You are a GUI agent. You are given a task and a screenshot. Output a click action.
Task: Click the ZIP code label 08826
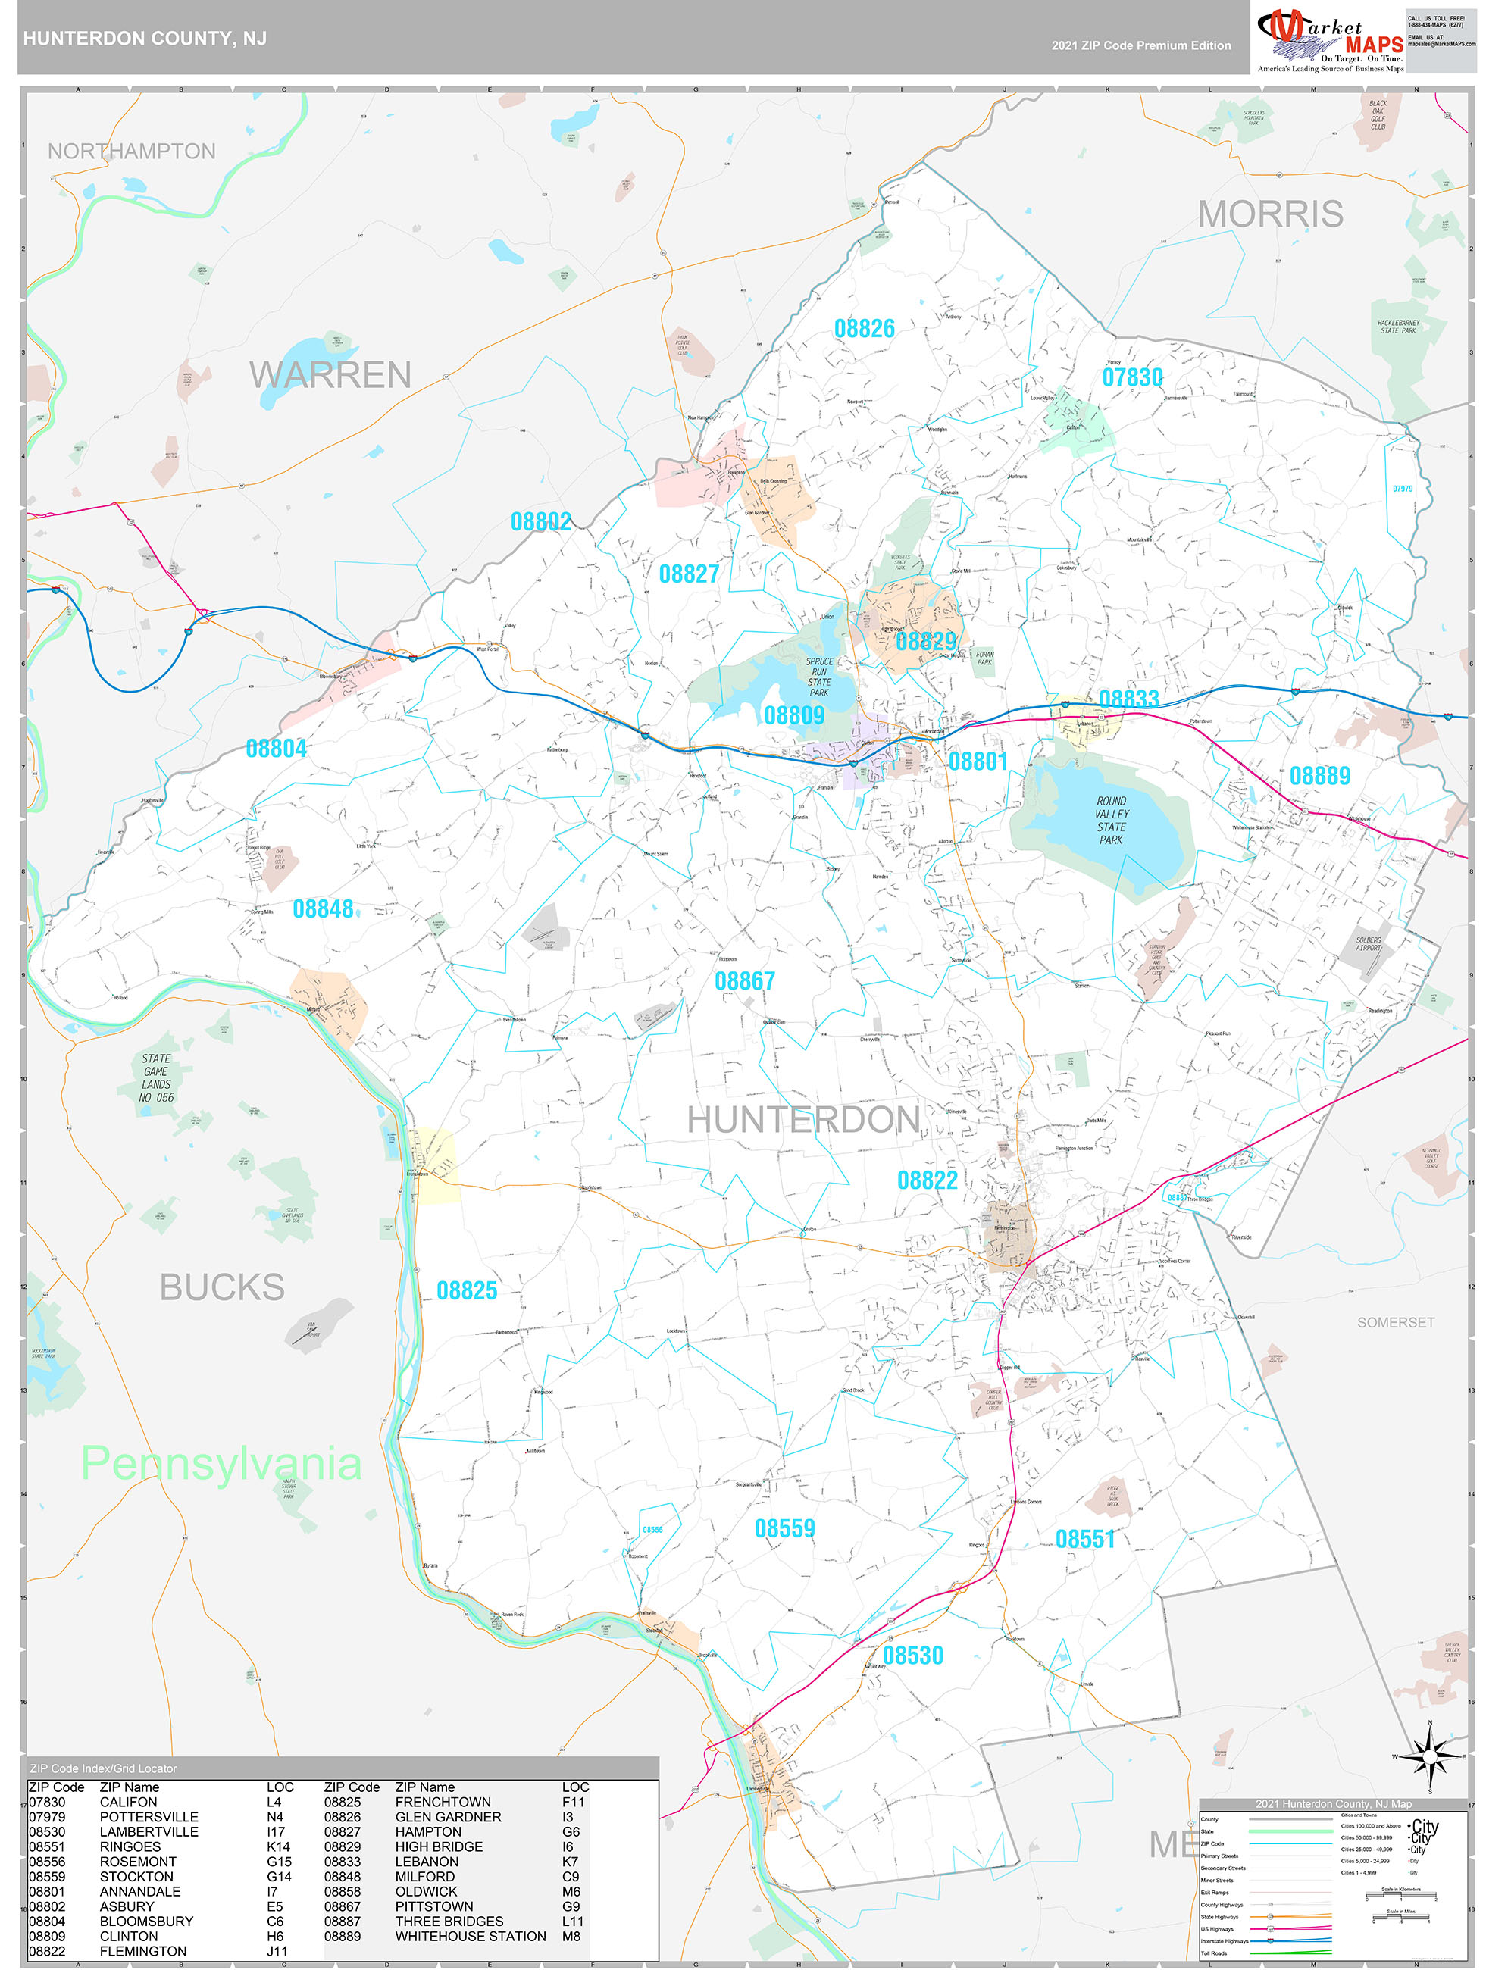coord(863,329)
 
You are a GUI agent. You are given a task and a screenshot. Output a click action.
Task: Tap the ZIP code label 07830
coord(1131,377)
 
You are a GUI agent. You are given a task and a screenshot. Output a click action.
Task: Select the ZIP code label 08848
coord(323,909)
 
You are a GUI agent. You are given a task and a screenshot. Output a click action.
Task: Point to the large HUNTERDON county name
coord(802,1119)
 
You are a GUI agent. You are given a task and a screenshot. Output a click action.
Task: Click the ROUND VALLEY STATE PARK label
coord(1111,821)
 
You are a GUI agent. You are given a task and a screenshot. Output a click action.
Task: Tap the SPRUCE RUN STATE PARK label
coord(818,677)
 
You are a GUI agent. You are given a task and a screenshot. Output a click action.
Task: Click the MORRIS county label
coord(1269,214)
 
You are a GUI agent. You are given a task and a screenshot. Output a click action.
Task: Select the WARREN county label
coord(330,375)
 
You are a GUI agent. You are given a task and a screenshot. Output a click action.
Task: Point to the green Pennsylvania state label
coord(221,1463)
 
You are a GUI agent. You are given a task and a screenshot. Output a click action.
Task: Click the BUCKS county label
coord(222,1287)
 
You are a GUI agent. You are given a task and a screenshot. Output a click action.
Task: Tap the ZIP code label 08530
coord(912,1656)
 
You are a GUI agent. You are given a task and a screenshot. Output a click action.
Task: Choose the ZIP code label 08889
coord(1319,776)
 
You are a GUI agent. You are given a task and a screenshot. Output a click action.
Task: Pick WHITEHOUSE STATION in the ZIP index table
coord(471,1936)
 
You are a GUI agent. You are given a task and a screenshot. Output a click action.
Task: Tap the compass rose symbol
coord(1429,1757)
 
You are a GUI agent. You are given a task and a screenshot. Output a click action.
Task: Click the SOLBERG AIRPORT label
coord(1368,944)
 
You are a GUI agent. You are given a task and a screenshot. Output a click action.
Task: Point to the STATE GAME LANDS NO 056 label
coord(156,1077)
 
